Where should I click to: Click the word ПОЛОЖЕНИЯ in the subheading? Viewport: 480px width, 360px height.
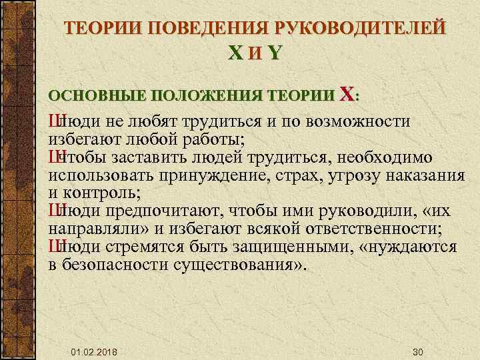point(203,96)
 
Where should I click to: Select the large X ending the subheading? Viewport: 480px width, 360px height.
point(347,94)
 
